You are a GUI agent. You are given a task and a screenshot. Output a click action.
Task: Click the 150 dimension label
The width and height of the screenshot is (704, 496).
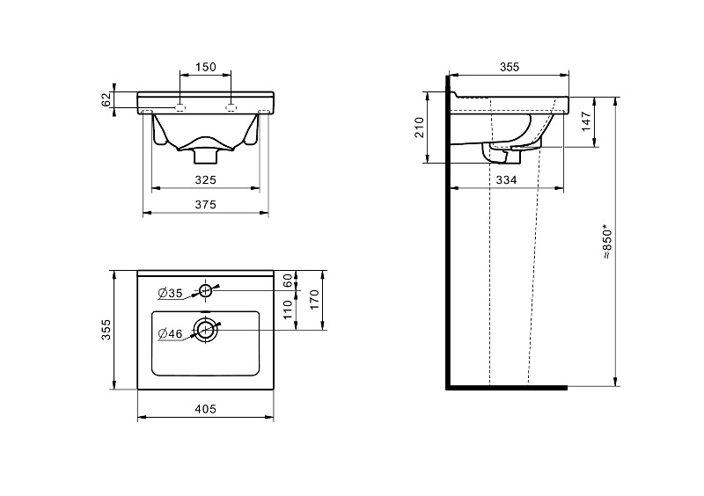tap(205, 67)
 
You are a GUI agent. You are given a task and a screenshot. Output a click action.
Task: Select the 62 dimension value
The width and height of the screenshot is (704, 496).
tap(106, 99)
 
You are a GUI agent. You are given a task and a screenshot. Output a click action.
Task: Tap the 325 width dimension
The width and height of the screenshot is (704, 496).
tap(206, 180)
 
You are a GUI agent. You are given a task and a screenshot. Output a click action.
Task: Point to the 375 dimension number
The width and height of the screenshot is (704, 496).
tap(206, 205)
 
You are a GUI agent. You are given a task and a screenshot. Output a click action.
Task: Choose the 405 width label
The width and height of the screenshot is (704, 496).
tap(206, 409)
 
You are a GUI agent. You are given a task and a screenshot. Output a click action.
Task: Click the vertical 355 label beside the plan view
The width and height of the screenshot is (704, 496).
tap(106, 330)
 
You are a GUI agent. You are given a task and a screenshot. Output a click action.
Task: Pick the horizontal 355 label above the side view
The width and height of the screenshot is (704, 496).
tap(510, 67)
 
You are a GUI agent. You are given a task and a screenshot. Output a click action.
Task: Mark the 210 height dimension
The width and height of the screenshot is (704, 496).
tap(420, 128)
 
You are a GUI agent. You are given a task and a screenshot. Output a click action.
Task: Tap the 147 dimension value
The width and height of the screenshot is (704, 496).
tap(586, 121)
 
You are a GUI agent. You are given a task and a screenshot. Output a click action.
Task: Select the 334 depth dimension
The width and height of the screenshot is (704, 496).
tap(507, 180)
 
